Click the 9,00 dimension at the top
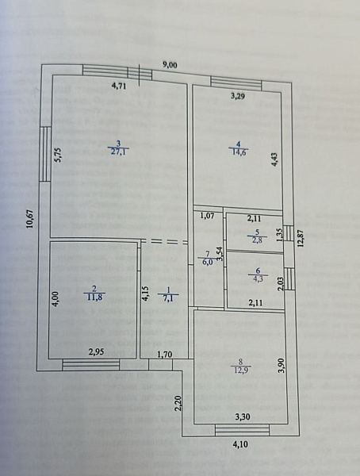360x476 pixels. (170, 65)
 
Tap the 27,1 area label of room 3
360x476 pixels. (118, 152)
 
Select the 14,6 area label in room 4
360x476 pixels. (239, 152)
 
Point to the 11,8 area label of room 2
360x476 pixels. (95, 297)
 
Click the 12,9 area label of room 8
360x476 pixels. (239, 370)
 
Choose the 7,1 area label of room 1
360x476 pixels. (167, 298)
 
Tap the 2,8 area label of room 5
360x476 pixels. (256, 240)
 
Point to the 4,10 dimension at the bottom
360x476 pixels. (240, 444)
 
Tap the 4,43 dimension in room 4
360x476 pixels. (275, 159)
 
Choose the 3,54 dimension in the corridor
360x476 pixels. (220, 254)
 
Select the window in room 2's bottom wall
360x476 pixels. (90, 365)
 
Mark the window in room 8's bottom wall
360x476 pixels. (242, 430)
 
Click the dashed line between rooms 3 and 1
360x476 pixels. (164, 241)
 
